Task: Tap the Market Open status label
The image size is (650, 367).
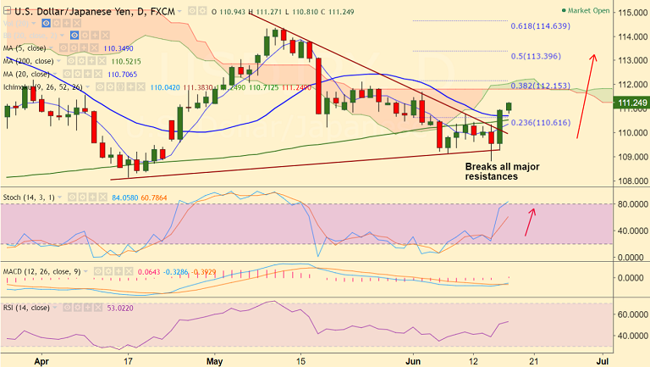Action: (589, 12)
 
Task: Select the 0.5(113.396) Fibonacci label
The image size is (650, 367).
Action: (537, 56)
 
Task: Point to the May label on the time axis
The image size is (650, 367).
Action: (213, 359)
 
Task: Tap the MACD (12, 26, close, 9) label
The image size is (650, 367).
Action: (42, 270)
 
